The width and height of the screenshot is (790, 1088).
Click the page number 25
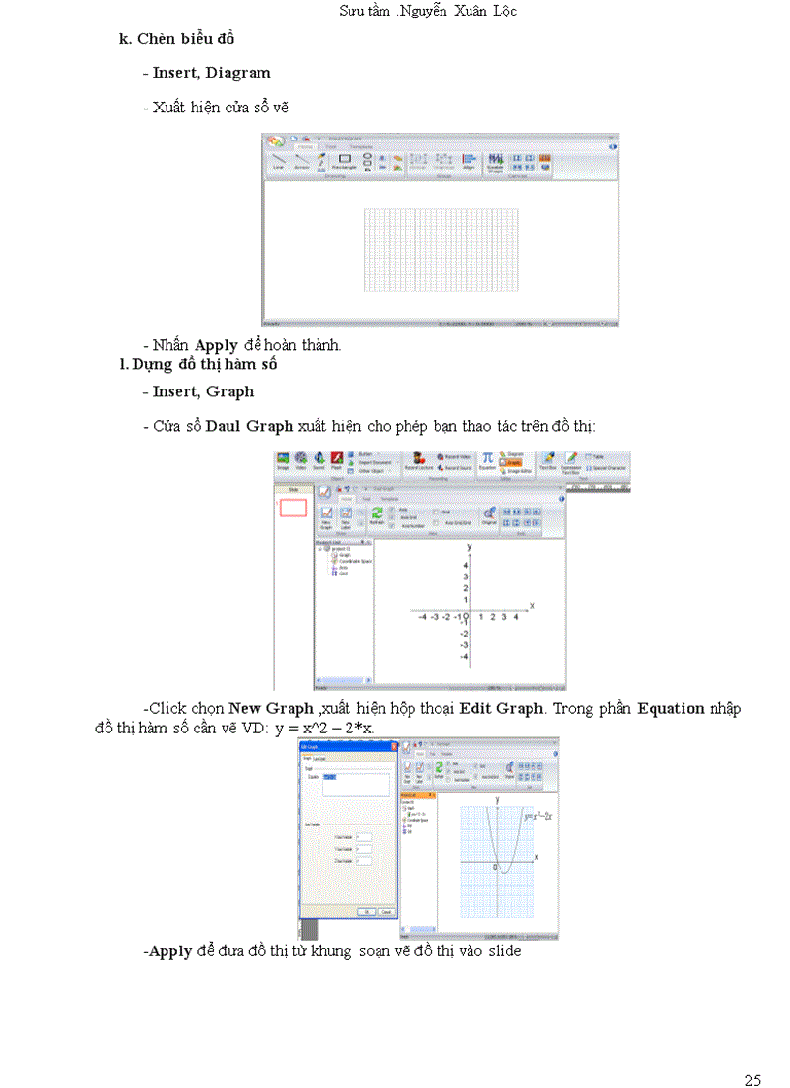point(753,1052)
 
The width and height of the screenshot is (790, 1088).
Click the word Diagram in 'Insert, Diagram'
point(238,72)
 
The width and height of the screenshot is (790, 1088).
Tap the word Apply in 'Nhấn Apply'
point(216,344)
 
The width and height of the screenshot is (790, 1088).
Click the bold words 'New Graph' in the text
point(270,708)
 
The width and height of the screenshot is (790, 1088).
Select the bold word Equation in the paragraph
point(670,708)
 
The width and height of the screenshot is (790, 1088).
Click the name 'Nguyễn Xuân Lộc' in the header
point(469,11)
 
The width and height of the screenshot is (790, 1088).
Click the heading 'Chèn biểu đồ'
point(186,39)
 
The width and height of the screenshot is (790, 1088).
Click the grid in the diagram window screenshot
point(441,249)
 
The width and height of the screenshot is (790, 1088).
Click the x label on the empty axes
point(532,606)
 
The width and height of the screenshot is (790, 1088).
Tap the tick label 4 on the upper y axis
point(466,565)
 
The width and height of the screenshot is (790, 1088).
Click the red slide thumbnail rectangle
point(293,508)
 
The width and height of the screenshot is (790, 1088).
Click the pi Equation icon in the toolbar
point(488,458)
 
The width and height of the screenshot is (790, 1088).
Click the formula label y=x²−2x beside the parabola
point(537,816)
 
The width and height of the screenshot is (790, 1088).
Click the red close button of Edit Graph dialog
point(391,745)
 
